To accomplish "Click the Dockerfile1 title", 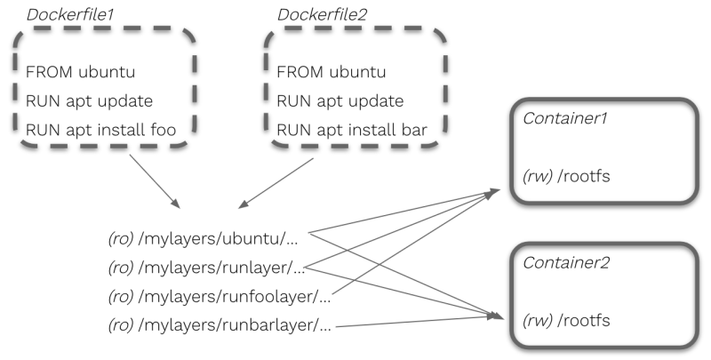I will click(68, 14).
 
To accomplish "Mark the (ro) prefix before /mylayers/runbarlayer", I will click(121, 326).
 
